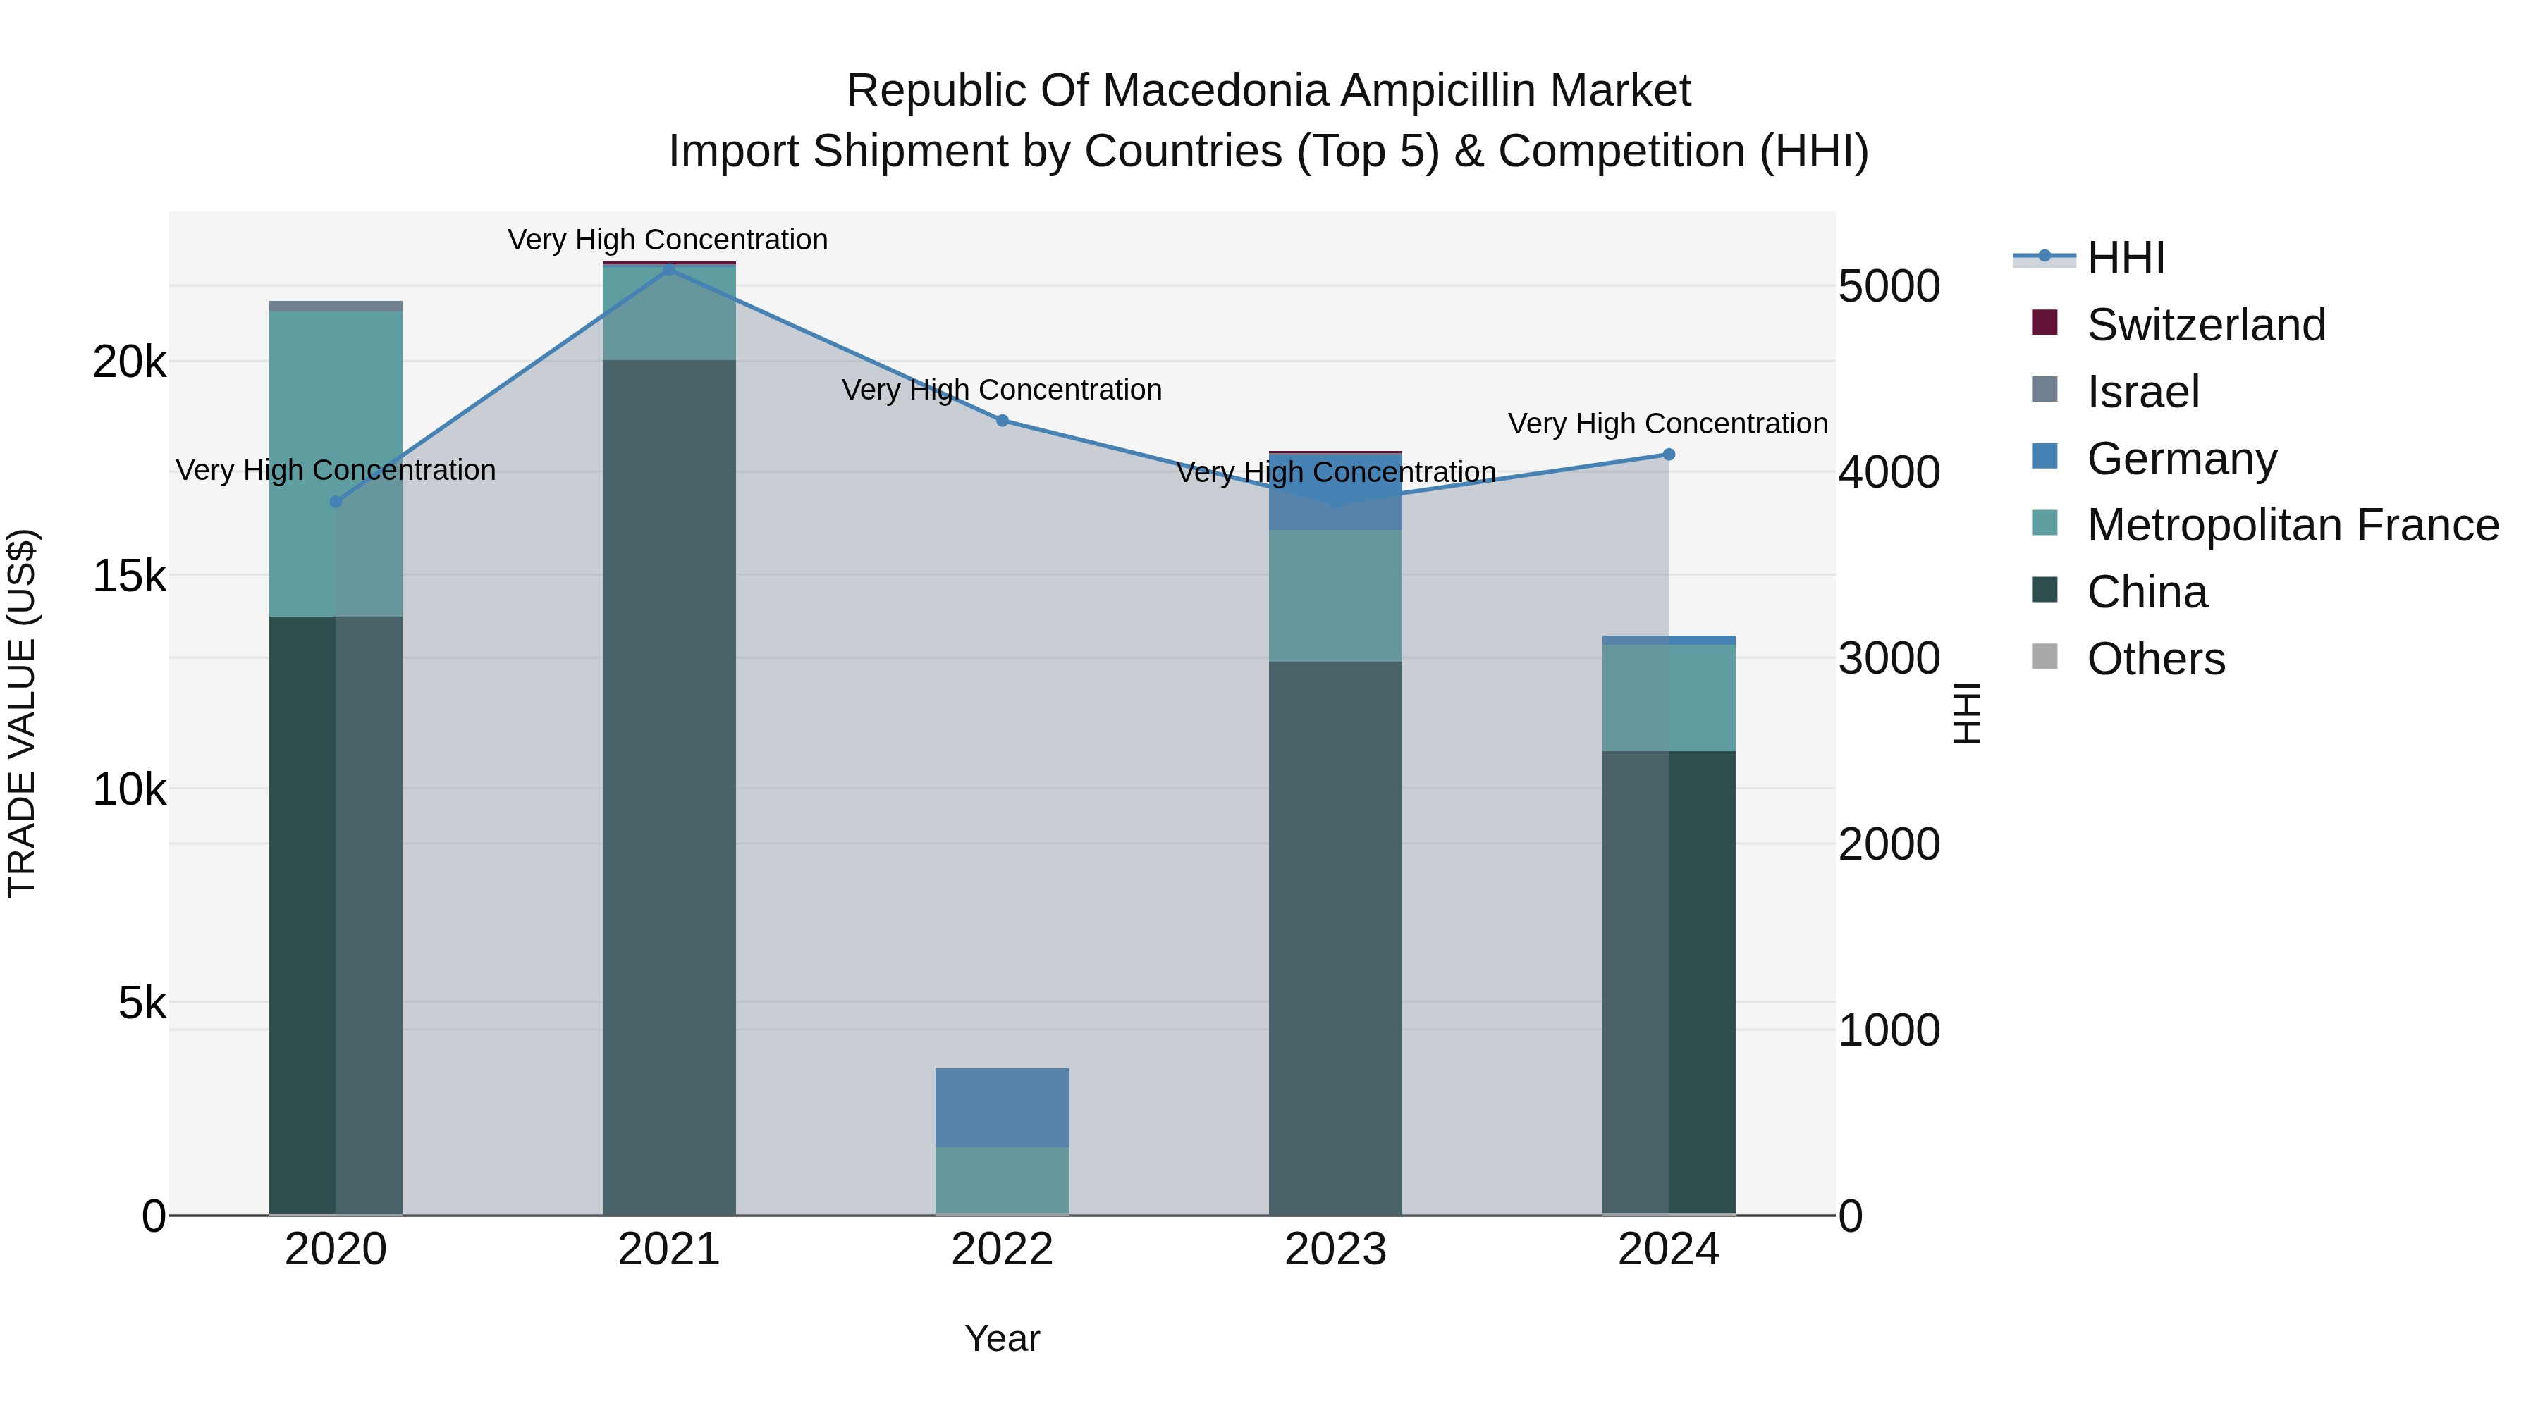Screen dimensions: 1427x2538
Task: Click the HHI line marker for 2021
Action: point(669,269)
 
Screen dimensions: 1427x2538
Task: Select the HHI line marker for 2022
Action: point(1002,421)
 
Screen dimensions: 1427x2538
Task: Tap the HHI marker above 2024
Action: point(1668,454)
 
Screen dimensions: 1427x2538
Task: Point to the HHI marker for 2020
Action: point(336,501)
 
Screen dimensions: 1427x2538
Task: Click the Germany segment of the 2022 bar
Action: point(1002,1107)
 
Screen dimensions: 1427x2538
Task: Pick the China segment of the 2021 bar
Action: point(669,788)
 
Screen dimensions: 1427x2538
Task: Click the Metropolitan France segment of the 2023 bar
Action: point(1335,595)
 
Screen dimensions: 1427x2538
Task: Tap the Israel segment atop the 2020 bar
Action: point(336,307)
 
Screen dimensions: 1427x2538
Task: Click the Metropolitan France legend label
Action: point(2292,525)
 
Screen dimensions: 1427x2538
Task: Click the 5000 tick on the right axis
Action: point(1889,287)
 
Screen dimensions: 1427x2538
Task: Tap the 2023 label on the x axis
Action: point(1335,1249)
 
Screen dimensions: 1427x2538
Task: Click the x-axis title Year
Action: point(1002,1338)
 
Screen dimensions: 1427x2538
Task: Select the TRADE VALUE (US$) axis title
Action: point(22,713)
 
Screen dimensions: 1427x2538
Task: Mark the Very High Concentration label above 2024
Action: point(1667,424)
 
